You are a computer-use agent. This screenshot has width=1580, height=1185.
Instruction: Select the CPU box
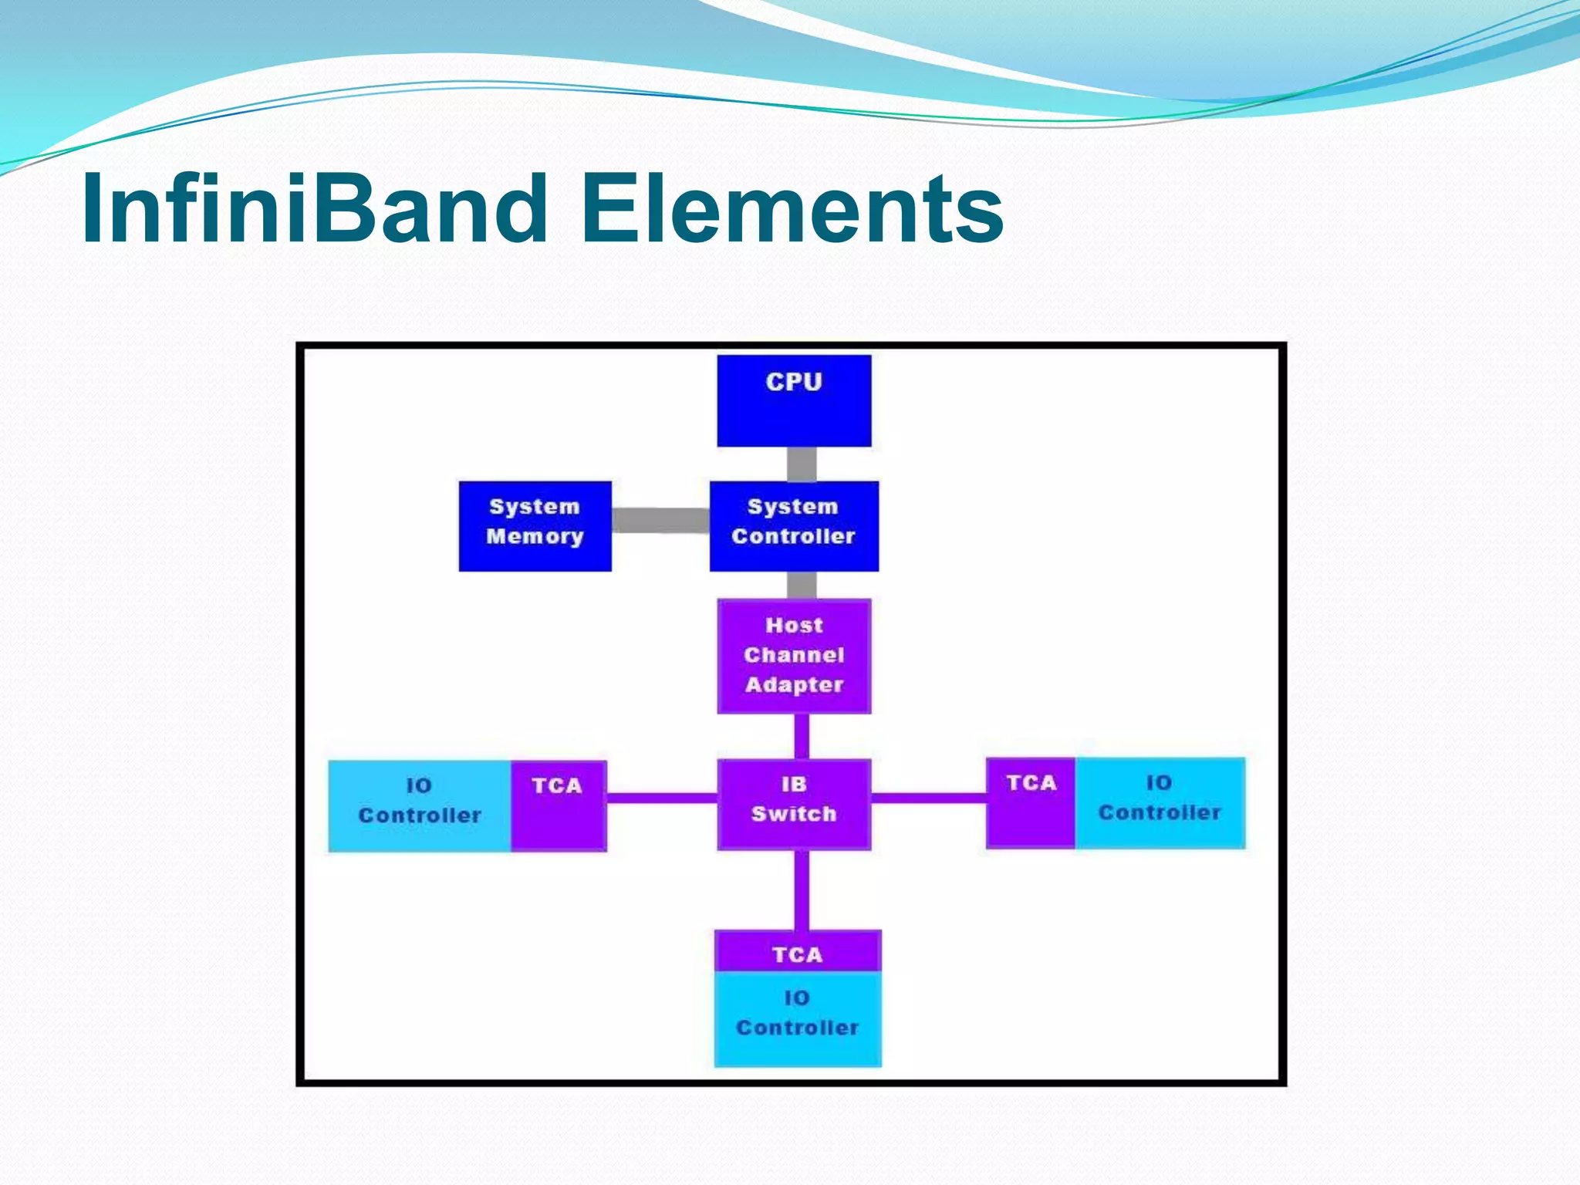click(794, 400)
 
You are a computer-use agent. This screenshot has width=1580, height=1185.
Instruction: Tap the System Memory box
click(535, 526)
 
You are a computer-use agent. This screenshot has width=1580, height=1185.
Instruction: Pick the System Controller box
click(794, 526)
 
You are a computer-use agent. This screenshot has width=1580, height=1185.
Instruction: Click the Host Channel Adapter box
click(794, 656)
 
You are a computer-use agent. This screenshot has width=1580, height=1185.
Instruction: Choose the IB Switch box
click(794, 804)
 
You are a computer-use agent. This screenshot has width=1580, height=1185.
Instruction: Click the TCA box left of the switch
click(558, 805)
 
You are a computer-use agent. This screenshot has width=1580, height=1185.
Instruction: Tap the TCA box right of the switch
click(1031, 802)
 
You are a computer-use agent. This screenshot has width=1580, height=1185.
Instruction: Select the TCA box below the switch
click(797, 951)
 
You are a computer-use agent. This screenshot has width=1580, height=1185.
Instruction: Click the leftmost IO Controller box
click(420, 805)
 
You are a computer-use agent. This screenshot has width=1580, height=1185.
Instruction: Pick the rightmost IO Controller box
click(1160, 802)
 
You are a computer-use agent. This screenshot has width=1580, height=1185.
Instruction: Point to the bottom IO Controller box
click(797, 1018)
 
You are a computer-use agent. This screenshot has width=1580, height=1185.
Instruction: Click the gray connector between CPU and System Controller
click(802, 464)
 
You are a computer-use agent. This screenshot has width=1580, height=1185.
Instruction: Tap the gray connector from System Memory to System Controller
click(660, 520)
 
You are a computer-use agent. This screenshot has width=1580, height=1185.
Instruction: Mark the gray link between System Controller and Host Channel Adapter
click(802, 586)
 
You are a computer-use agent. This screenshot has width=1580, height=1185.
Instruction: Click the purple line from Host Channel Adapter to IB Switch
click(802, 737)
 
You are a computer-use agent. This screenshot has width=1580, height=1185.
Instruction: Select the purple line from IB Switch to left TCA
click(662, 798)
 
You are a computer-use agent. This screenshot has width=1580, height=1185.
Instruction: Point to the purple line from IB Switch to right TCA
click(929, 798)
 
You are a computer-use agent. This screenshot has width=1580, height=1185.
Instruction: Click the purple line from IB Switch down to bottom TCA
click(802, 890)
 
